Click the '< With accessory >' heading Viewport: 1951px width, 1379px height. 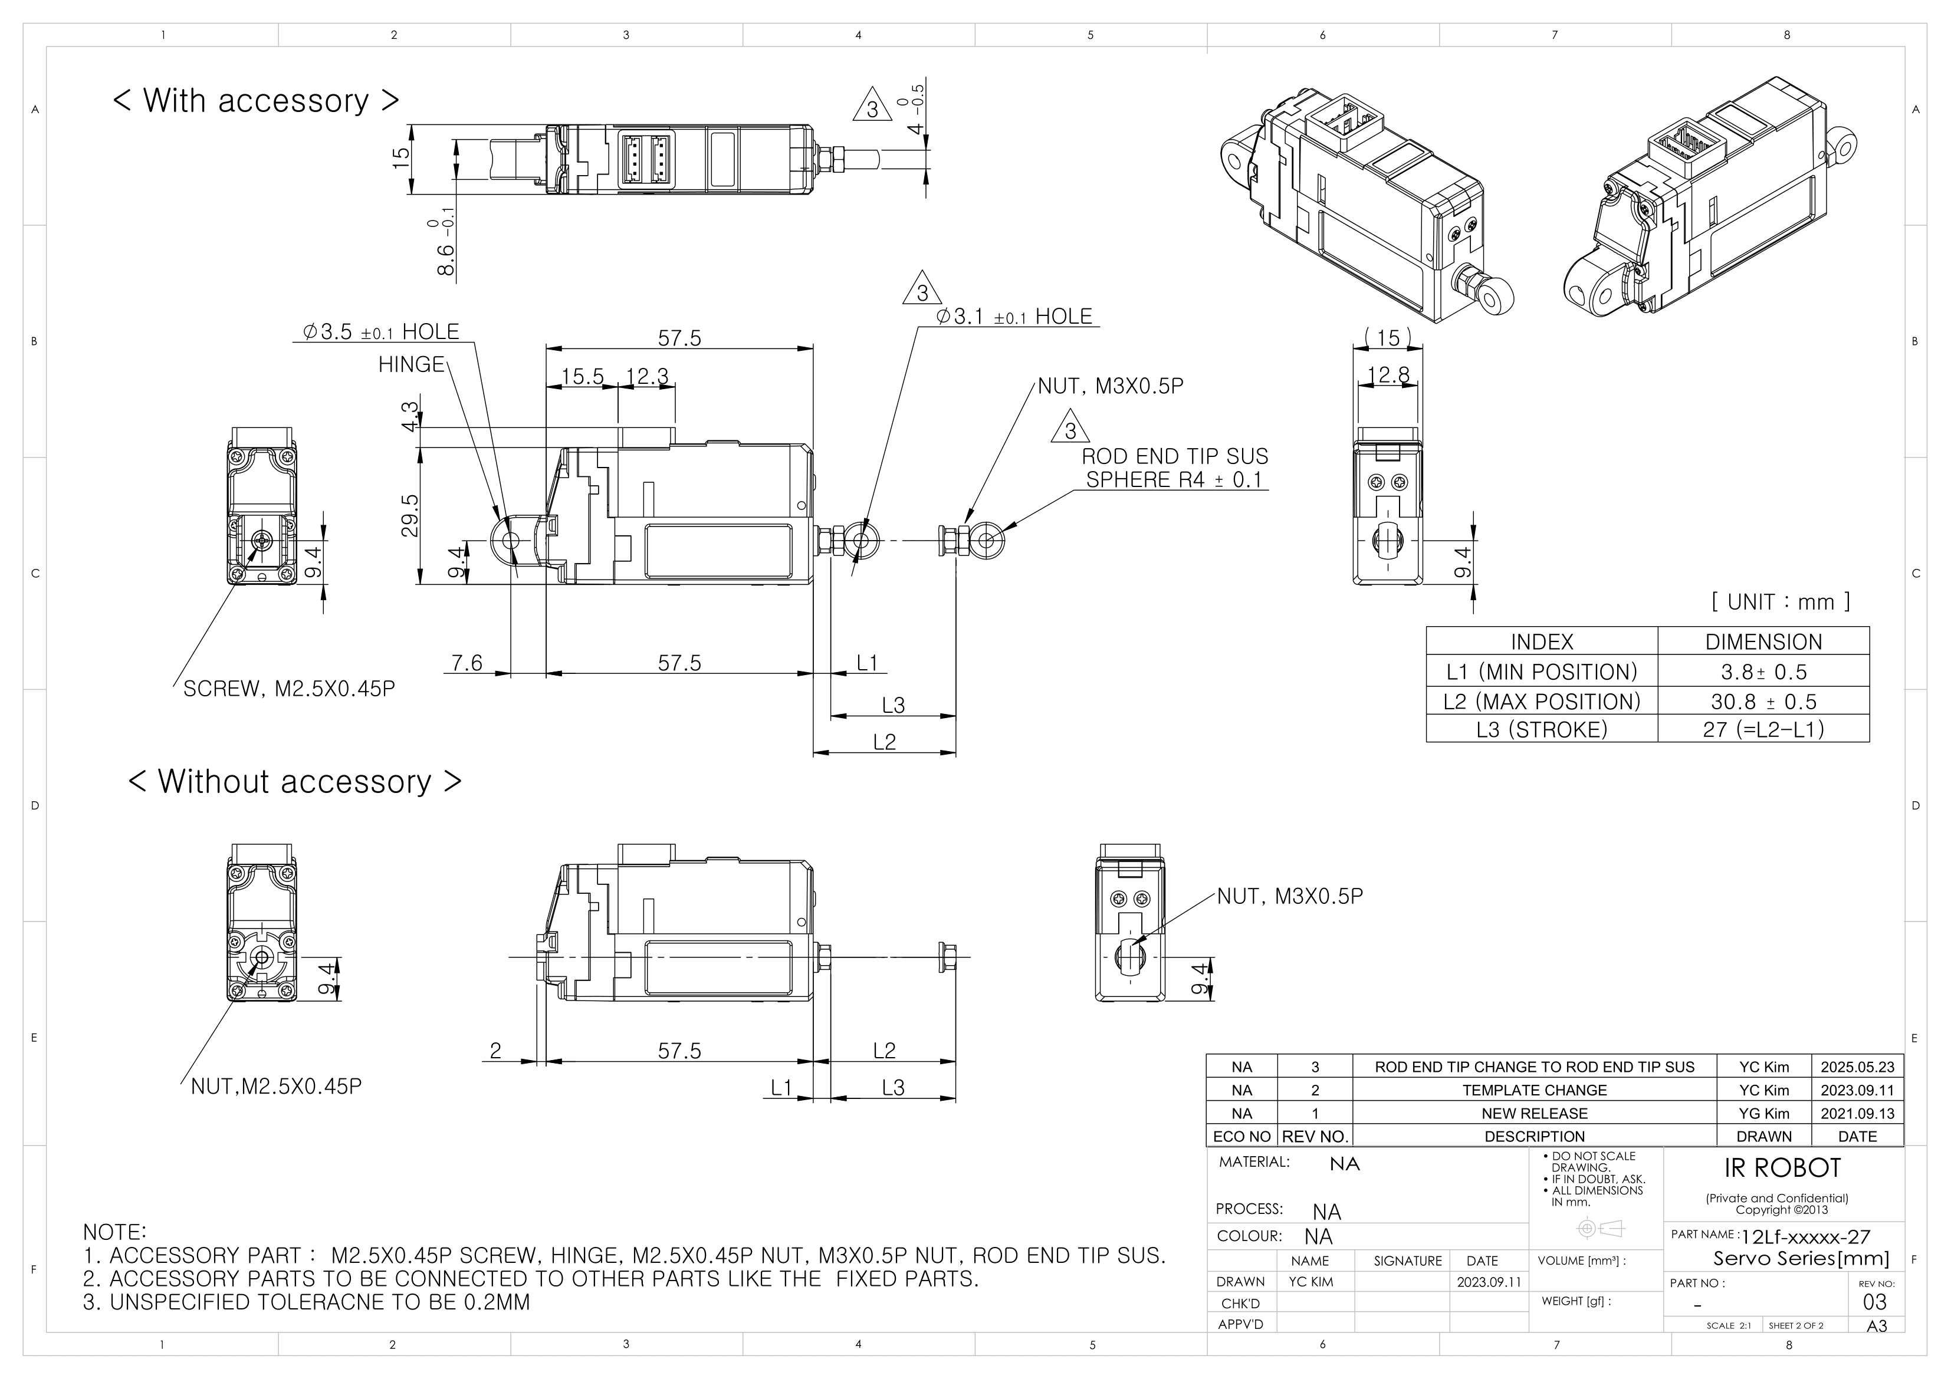pyautogui.click(x=256, y=100)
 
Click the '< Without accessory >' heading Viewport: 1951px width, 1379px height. pyautogui.click(x=295, y=782)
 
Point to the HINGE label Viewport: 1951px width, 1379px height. pyautogui.click(x=411, y=364)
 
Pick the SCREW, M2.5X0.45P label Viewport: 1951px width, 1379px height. pyautogui.click(x=289, y=688)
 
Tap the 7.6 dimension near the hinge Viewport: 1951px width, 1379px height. pyautogui.click(x=467, y=662)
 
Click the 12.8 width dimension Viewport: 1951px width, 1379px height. pyautogui.click(x=1388, y=375)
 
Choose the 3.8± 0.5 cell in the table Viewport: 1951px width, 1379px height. pyautogui.click(x=1763, y=672)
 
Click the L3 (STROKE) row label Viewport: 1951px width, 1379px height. pyautogui.click(x=1542, y=729)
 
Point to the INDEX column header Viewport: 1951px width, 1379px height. pyautogui.click(x=1542, y=641)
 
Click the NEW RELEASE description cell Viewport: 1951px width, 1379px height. pyautogui.click(x=1534, y=1113)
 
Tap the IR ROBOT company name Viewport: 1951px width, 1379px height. pyautogui.click(x=1782, y=1169)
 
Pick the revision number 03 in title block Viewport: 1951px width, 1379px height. pyautogui.click(x=1874, y=1302)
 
